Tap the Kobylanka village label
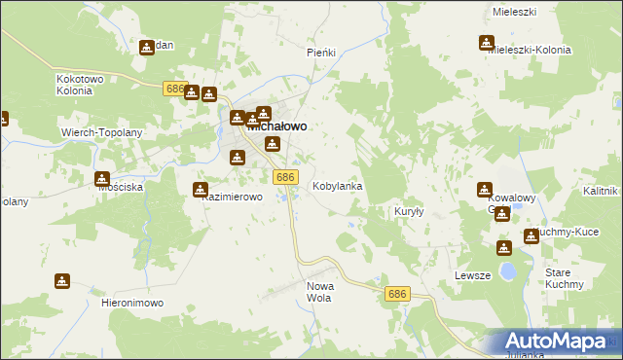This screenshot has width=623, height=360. (x=337, y=185)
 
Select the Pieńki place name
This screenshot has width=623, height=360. (x=321, y=53)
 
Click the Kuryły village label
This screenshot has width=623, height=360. (x=406, y=211)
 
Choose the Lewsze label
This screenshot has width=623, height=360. (x=472, y=275)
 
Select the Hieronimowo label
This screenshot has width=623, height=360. (x=131, y=303)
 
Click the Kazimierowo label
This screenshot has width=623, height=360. (x=233, y=197)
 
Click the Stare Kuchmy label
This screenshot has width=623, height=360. (x=565, y=278)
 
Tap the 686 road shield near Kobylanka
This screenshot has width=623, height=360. (x=285, y=176)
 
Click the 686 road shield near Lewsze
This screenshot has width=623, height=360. (x=396, y=294)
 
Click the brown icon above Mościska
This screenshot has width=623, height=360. (x=102, y=178)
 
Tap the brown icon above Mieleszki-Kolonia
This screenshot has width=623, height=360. (x=486, y=42)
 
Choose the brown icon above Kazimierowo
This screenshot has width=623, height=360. (x=201, y=190)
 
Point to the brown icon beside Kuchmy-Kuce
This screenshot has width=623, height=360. (x=531, y=235)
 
